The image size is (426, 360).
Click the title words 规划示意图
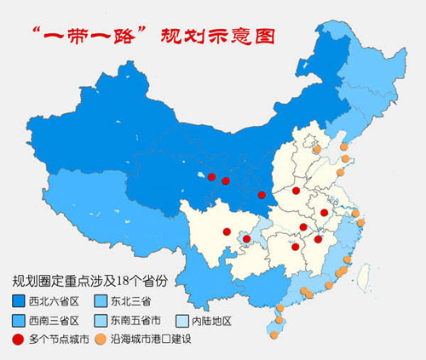click(x=216, y=36)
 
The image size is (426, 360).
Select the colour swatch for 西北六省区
click(x=19, y=300)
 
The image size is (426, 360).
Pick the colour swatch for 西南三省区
click(x=19, y=321)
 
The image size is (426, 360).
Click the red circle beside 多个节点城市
click(x=19, y=341)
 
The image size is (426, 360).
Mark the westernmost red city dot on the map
click(x=212, y=177)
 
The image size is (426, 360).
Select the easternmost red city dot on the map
click(x=325, y=212)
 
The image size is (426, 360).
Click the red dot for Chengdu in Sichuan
click(x=227, y=231)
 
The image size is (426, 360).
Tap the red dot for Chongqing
click(x=247, y=239)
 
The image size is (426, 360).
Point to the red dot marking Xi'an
click(x=262, y=195)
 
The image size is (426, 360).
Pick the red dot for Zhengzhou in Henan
click(x=296, y=191)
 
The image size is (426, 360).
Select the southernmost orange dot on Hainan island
click(x=274, y=335)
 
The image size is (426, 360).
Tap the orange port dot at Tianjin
click(x=317, y=150)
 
